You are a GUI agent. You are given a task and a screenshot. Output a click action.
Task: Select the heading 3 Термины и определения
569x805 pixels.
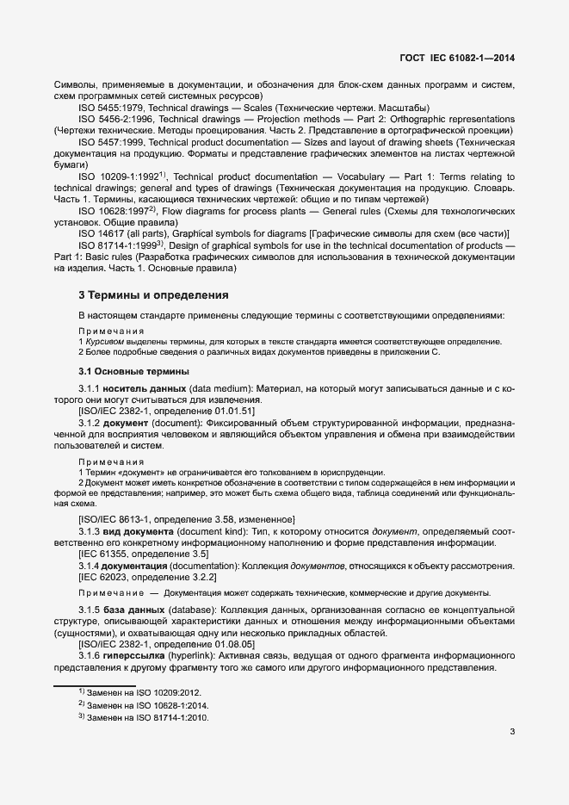coord(153,294)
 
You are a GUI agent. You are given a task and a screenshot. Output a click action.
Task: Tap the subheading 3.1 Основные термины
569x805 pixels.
coord(133,372)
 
